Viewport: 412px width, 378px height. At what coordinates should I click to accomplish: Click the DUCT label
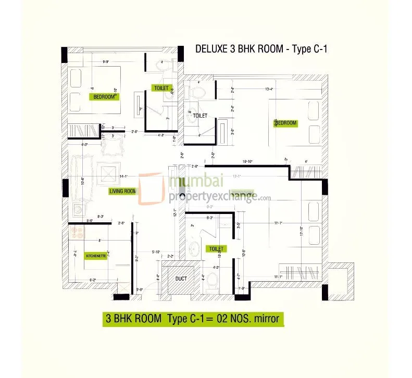pos(181,279)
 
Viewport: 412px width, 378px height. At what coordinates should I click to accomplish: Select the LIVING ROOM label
pos(122,191)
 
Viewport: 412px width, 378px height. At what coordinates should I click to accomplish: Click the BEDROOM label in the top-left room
pos(104,97)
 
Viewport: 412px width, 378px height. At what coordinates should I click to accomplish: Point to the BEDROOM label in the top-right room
pos(285,123)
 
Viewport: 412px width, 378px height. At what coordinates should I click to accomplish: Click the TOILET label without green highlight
pos(201,116)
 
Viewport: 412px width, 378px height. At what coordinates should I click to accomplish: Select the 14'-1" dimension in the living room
pos(124,177)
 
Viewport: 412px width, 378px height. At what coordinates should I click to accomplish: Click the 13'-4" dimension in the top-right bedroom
pos(269,89)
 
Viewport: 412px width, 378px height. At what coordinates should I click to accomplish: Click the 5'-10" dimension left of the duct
pos(156,253)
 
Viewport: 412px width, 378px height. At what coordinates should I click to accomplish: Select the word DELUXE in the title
pos(211,49)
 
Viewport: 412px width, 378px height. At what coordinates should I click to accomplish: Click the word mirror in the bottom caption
pos(267,317)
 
